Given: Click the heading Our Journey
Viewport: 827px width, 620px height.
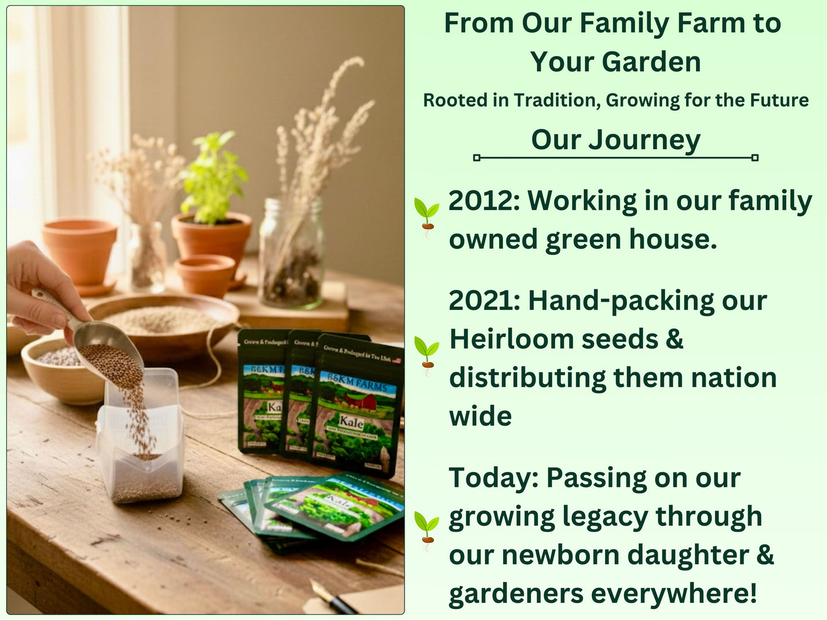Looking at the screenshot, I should pos(615,140).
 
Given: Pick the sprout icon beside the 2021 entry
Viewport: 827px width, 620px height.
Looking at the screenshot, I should pos(426,353).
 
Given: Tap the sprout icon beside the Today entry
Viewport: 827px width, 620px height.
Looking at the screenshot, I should pos(426,530).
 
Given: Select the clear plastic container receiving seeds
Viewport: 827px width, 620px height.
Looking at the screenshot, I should pos(140,440).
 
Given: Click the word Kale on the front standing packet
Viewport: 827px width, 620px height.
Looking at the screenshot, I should pos(351,423).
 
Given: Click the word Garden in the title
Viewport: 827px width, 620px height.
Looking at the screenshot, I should pos(650,62).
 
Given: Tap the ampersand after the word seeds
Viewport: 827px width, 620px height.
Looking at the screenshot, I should pos(675,339).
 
